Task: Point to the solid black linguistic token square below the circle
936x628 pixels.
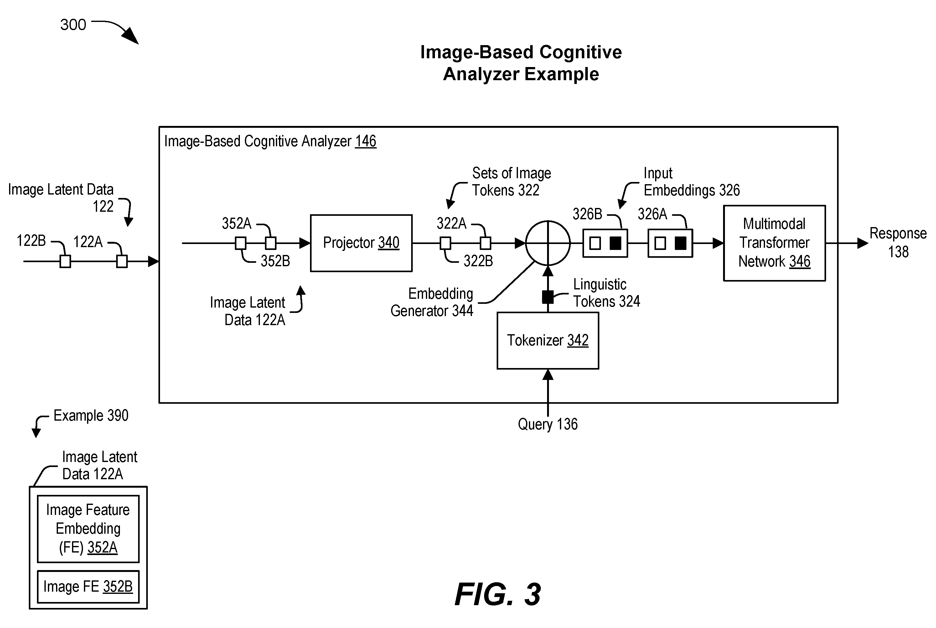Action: pos(548,297)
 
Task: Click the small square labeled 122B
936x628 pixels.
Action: pos(65,262)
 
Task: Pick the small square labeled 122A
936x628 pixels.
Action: pos(122,262)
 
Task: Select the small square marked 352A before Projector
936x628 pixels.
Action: pos(240,243)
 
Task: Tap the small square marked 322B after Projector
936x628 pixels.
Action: pos(485,243)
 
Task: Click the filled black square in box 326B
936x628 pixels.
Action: pos(615,243)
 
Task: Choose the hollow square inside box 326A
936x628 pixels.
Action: pos(660,243)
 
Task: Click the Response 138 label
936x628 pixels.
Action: pos(898,242)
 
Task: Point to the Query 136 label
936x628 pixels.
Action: pos(548,424)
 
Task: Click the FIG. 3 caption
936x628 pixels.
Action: pos(498,594)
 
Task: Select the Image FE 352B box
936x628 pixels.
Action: pos(88,587)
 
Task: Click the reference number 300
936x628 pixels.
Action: pos(73,25)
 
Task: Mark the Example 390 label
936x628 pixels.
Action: pos(91,416)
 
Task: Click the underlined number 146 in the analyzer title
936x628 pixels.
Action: pos(365,141)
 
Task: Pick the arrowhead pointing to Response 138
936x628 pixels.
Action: pos(863,243)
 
